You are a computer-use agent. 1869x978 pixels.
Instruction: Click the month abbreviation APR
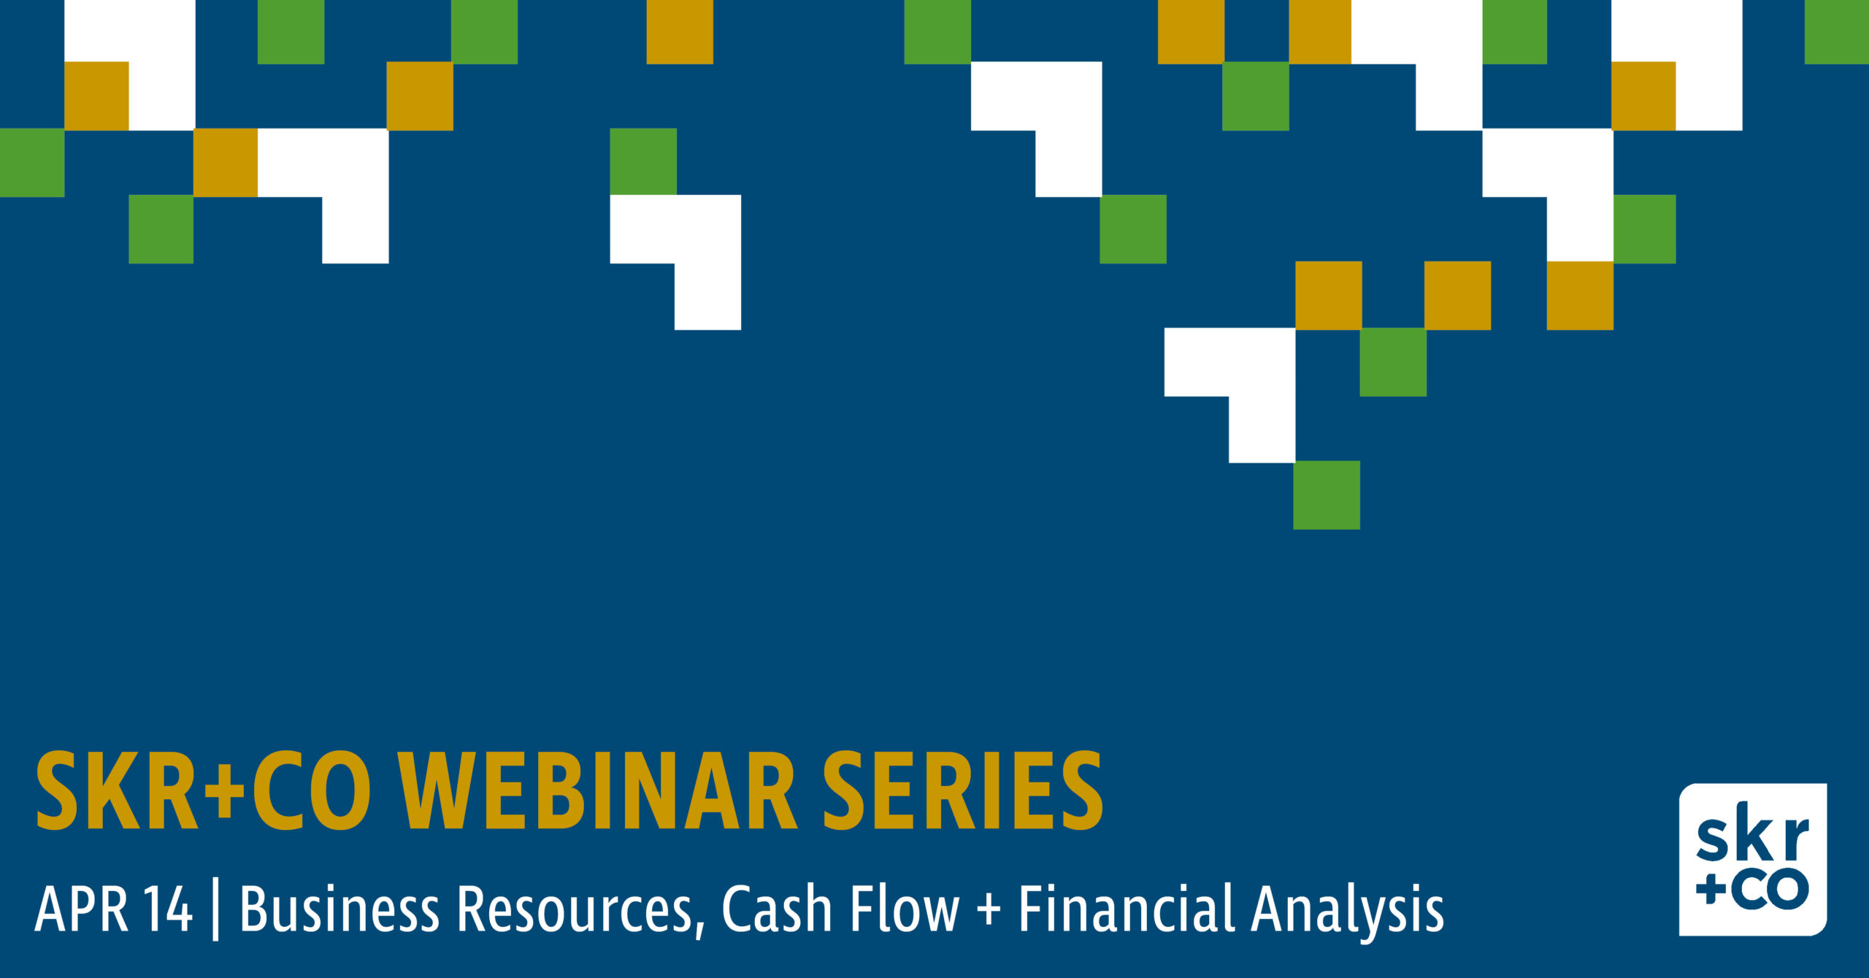point(82,909)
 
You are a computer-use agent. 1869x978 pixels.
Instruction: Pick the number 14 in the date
point(168,909)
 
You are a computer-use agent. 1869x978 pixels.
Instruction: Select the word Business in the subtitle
point(340,908)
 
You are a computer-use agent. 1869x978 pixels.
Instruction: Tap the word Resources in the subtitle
point(575,909)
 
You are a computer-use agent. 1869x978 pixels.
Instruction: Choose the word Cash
point(777,908)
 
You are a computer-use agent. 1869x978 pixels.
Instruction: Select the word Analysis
point(1348,911)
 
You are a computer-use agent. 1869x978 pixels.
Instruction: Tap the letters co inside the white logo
point(1770,890)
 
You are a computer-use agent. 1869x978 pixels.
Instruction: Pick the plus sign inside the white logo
point(1711,890)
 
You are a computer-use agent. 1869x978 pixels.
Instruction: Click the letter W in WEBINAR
point(435,791)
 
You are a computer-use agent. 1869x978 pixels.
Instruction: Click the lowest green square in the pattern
point(1327,495)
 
